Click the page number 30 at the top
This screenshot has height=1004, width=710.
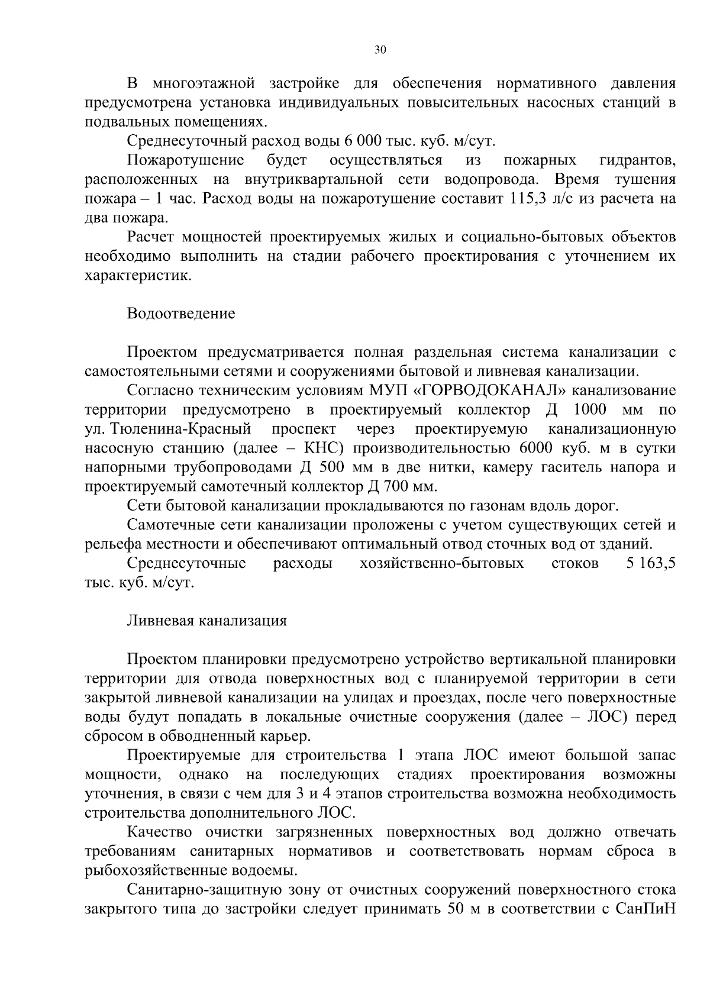[380, 50]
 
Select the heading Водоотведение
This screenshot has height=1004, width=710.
[181, 314]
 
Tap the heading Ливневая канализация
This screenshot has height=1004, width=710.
[207, 621]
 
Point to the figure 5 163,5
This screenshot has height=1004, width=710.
[650, 563]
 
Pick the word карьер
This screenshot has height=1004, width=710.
[286, 736]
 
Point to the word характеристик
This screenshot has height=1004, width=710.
[138, 276]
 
